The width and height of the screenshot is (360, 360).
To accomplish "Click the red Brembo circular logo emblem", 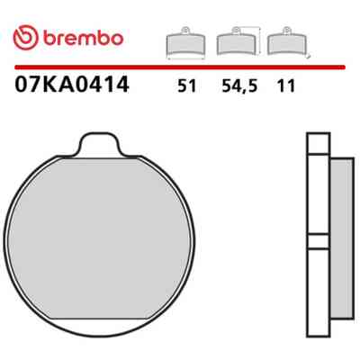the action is point(25,39).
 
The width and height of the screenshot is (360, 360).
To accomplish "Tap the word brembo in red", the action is point(83,39).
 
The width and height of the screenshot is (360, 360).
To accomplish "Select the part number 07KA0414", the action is point(72,85).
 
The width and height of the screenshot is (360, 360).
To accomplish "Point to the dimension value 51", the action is point(186,86).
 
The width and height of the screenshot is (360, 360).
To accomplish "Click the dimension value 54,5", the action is point(239,86).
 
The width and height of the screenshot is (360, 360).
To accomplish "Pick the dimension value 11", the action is point(286,86).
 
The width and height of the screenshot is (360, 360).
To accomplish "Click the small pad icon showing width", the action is point(185,43).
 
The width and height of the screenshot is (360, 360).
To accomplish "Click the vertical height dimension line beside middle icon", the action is point(259,41).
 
